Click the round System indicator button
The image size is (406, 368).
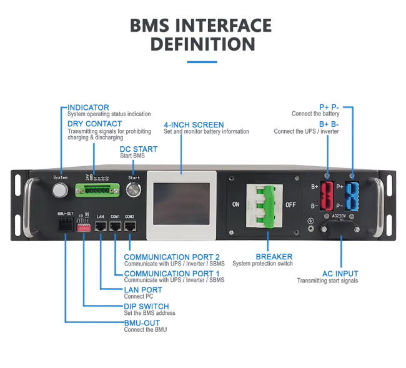pos(61,190)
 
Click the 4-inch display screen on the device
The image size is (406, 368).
pos(181,204)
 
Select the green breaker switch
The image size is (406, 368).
pos(267,204)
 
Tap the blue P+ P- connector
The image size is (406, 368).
pos(352,196)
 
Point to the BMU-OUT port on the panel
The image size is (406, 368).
pos(66,227)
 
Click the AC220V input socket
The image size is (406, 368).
pos(340,227)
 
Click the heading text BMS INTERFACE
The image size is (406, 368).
pos(201,26)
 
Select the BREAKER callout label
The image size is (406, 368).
pos(274,257)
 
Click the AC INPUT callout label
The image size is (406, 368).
pos(340,274)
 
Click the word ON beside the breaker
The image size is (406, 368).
pos(236,204)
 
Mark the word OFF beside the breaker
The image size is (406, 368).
pos(290,204)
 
